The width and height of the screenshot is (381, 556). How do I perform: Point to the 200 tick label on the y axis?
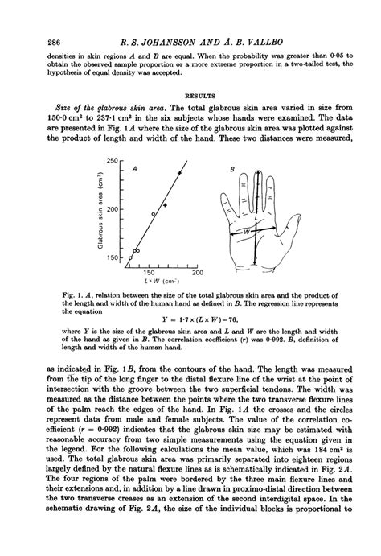click(112, 209)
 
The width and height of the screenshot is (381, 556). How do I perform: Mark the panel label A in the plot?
click(134, 168)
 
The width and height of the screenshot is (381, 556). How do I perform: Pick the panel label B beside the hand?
click(232, 169)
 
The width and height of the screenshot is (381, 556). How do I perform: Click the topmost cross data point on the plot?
click(180, 173)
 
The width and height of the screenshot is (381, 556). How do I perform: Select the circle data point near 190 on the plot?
click(154, 214)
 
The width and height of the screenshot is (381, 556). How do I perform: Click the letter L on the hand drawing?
click(256, 218)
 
